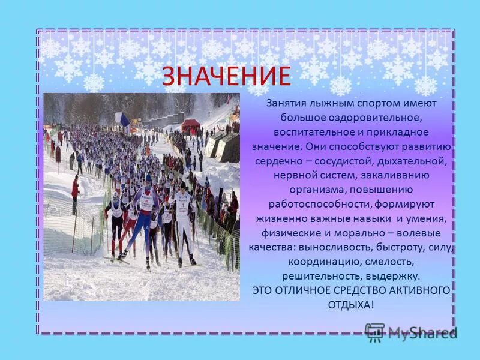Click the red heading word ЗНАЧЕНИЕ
pyautogui.click(x=226, y=76)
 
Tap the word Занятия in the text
pyautogui.click(x=289, y=103)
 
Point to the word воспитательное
pyautogui.click(x=312, y=131)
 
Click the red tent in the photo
pyautogui.click(x=191, y=125)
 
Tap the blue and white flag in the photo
pyautogui.click(x=122, y=119)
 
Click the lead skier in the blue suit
pyautogui.click(x=143, y=216)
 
